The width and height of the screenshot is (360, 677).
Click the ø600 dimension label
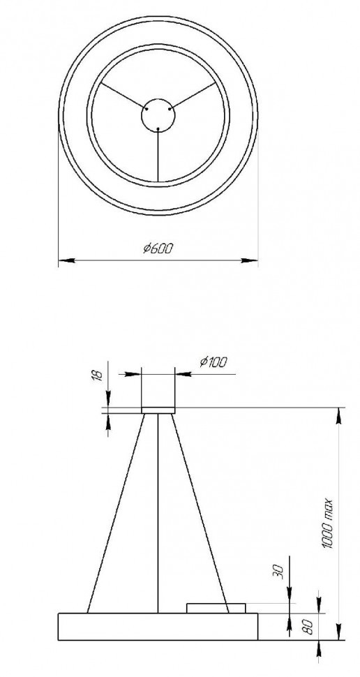point(158,248)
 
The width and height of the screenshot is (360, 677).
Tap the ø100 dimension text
point(213,362)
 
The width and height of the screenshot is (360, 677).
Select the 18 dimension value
point(98,375)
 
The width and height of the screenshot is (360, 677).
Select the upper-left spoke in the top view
point(122,96)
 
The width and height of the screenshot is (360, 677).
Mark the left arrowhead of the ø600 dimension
point(65,261)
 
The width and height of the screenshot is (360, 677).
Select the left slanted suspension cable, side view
point(117,513)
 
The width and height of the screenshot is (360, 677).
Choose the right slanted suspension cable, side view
point(201,513)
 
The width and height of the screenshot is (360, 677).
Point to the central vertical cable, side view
point(158,513)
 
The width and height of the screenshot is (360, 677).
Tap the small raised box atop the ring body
point(216,608)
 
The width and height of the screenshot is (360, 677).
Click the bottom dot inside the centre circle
point(158,128)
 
